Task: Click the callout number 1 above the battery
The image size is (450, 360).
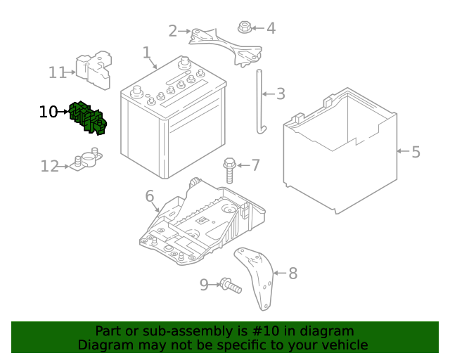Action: pyautogui.click(x=146, y=53)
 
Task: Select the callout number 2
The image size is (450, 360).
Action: pyautogui.click(x=173, y=31)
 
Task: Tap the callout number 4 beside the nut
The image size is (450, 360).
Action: pyautogui.click(x=271, y=29)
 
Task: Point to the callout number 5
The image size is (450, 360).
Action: pyautogui.click(x=416, y=151)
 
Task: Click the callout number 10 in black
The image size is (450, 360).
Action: pyautogui.click(x=48, y=112)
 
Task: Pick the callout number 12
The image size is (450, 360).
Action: pyautogui.click(x=49, y=167)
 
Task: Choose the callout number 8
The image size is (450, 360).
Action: pyautogui.click(x=292, y=273)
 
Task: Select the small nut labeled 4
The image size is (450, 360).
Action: pyautogui.click(x=244, y=28)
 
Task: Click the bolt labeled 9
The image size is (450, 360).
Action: pyautogui.click(x=229, y=285)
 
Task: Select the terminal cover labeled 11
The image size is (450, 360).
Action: pyautogui.click(x=96, y=70)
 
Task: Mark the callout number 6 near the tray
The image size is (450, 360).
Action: pyautogui.click(x=150, y=196)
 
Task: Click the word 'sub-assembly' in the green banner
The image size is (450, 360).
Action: pyautogui.click(x=167, y=331)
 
